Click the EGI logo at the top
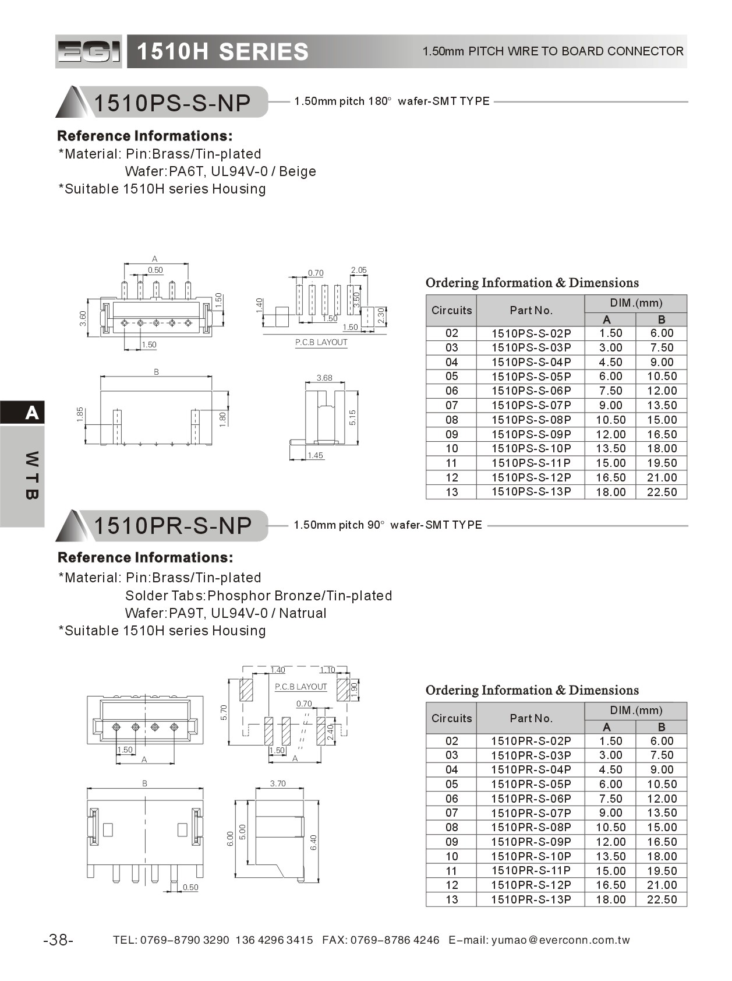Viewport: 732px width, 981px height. pos(89,52)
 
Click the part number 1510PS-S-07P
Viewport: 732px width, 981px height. pos(531,405)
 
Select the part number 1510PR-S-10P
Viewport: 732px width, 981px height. pos(531,856)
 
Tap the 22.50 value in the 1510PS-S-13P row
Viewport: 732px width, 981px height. pos(662,492)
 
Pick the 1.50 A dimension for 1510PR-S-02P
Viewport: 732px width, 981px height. pos(610,741)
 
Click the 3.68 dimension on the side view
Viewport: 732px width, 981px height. pos(324,378)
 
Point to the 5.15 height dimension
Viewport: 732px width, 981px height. pos(352,417)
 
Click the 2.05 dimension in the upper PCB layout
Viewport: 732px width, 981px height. pos(359,270)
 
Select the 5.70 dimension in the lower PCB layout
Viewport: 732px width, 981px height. pos(224,712)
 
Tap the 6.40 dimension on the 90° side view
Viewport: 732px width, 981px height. pos(314,842)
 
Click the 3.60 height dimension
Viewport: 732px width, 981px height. pos(83,318)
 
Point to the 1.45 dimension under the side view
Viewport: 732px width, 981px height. pos(315,455)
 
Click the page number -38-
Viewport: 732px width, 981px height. pos(58,940)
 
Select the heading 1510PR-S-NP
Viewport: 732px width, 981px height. pos(172,525)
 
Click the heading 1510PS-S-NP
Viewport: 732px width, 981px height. pos(172,103)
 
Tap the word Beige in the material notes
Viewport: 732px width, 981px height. pos(298,171)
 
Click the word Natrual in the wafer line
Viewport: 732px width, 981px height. pos(303,613)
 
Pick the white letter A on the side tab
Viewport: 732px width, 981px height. pos(32,413)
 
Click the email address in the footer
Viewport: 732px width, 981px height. pos(560,940)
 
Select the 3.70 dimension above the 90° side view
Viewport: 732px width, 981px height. pos(278,783)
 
